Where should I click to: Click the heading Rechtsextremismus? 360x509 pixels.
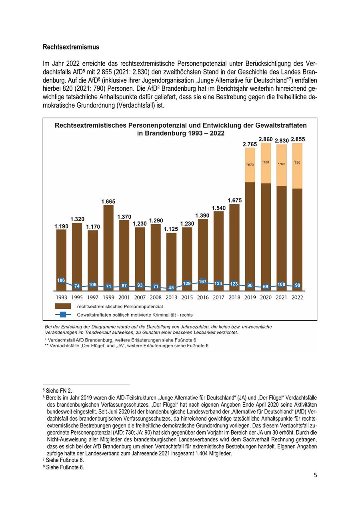[71, 47]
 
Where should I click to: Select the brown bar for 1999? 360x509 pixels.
[108, 244]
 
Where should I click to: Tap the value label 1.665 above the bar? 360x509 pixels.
[108, 202]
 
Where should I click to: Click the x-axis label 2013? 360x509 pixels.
[171, 297]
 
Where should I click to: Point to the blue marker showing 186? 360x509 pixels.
[61, 281]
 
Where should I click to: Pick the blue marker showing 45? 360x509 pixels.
[171, 287]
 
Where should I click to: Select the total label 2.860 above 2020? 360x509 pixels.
[266, 139]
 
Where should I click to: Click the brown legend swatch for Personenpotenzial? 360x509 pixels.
[63, 306]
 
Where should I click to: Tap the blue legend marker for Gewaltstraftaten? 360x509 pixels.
[63, 315]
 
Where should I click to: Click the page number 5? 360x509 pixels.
[315, 475]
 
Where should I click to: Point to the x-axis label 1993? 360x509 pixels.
[61, 297]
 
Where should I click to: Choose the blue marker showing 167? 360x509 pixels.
[203, 281]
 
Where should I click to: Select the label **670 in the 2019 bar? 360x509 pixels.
[250, 164]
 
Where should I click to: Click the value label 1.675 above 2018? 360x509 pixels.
[234, 200]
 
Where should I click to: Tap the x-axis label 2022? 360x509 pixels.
[297, 297]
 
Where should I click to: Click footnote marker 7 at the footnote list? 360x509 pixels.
[44, 460]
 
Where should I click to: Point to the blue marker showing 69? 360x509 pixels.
[266, 287]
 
